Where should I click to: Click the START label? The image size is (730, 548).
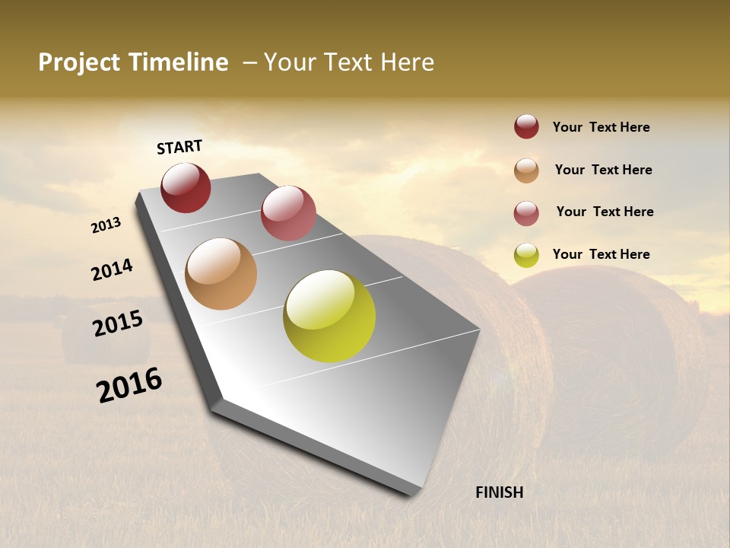tap(179, 147)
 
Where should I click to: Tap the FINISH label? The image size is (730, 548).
tap(499, 492)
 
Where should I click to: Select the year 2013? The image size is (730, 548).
tap(106, 225)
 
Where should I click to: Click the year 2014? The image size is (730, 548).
tap(112, 270)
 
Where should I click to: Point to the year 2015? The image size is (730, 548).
tap(118, 323)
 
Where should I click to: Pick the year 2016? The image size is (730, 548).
tap(129, 384)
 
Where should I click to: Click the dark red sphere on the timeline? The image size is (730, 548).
tap(186, 188)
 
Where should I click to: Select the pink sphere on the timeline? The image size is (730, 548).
tap(288, 213)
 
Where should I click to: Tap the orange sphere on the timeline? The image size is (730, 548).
tap(221, 274)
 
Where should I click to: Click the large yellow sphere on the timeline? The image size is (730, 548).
tap(329, 316)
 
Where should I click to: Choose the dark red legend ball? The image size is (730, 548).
tap(526, 127)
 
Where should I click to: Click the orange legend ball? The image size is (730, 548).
tap(526, 170)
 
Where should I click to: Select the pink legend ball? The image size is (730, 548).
tap(526, 213)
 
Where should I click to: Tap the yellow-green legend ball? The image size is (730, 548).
tap(526, 255)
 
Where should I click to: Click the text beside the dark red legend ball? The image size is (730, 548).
tap(601, 127)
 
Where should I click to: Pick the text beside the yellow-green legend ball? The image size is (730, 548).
tap(601, 254)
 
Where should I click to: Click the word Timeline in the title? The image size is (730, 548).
tap(179, 62)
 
